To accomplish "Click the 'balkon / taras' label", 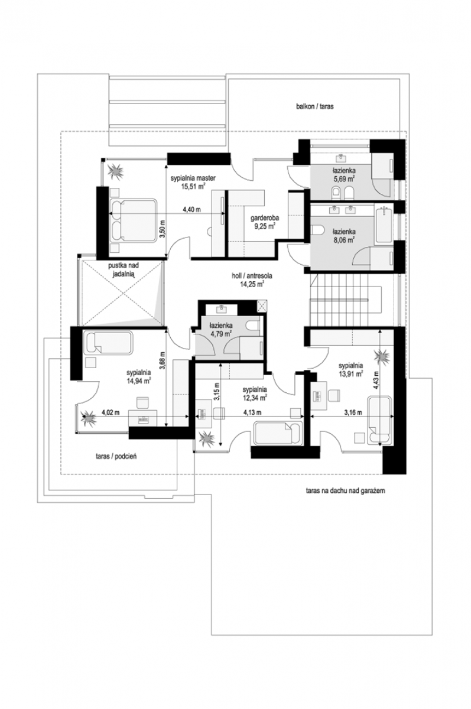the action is (x=314, y=106).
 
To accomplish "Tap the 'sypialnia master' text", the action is (x=193, y=178).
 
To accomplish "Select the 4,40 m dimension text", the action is (x=191, y=210).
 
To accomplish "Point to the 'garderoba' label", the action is (x=265, y=218).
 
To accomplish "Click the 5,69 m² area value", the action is (x=343, y=178).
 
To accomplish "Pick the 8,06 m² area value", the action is (x=343, y=240).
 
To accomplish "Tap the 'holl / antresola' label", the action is (x=252, y=276).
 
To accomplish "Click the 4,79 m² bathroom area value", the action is (x=221, y=333).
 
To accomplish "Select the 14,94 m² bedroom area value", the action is (x=138, y=380).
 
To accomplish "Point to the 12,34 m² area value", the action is (x=255, y=398).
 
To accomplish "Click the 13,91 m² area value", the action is (x=350, y=374).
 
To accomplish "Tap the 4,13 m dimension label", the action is (x=252, y=412).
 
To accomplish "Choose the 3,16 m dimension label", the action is (x=353, y=412).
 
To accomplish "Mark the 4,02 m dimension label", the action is (x=111, y=412).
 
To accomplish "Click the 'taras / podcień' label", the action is (x=116, y=456).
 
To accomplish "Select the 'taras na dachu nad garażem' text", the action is (x=345, y=491).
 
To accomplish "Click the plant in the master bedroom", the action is (x=115, y=171).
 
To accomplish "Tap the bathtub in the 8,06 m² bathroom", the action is (x=384, y=224).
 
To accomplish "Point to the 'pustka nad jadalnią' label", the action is (x=123, y=269).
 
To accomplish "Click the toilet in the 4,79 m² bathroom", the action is (x=254, y=326).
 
